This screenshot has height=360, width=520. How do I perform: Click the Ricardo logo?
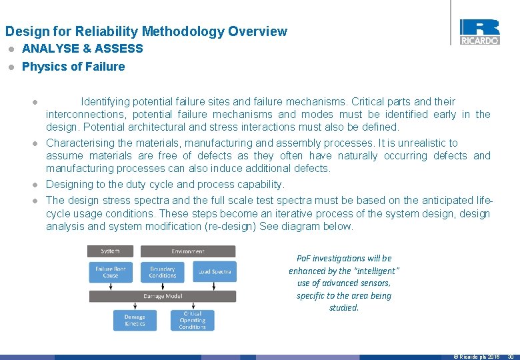tap(479, 31)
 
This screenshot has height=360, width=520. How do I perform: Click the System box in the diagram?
tap(111, 251)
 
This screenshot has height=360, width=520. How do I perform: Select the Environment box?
tap(188, 251)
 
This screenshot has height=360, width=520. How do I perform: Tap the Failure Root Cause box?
tap(111, 272)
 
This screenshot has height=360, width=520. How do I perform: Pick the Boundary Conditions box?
tap(163, 272)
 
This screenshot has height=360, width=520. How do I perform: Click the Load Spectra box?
tap(215, 272)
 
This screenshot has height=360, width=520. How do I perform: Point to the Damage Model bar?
tap(162, 296)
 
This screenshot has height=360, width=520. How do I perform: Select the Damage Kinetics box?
tap(135, 321)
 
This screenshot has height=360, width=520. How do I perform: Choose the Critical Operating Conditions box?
tap(192, 321)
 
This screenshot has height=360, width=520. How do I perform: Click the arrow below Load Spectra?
tap(215, 286)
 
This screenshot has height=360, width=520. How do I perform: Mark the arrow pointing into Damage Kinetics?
tap(135, 306)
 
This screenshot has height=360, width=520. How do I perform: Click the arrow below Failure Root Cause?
tap(111, 286)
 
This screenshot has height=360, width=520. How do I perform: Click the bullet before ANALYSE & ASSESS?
tap(10, 49)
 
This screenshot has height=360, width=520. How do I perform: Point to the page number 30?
tap(511, 357)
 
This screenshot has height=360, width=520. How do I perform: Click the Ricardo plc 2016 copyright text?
tap(477, 357)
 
